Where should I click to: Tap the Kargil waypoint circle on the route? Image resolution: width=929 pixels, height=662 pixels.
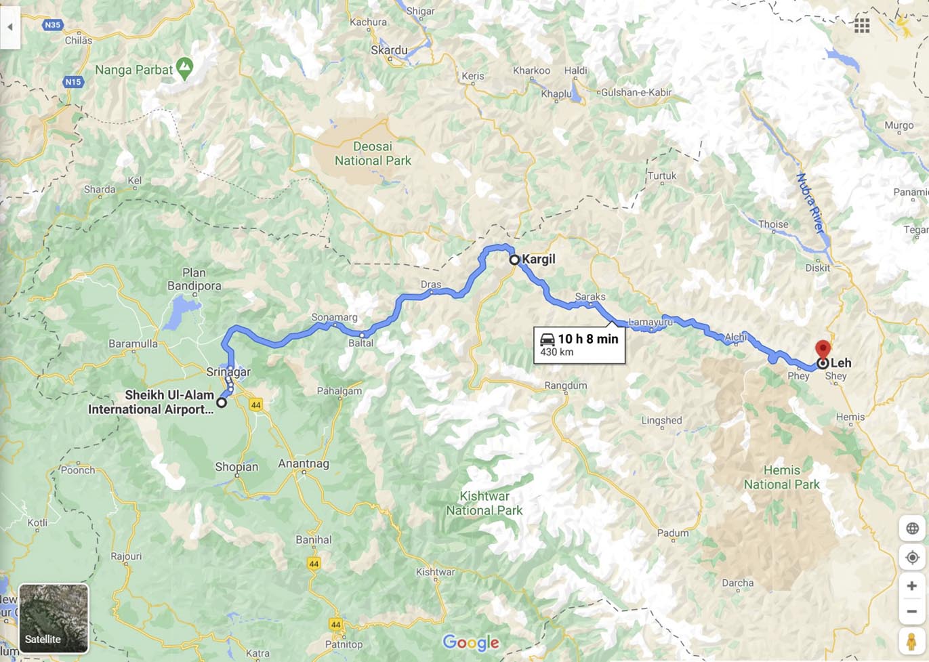point(514,260)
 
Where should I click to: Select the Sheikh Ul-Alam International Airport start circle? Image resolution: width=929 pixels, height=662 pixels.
point(222,402)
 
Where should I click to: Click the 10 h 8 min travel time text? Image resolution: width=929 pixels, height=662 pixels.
point(587,339)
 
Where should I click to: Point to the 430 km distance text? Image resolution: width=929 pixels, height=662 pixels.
point(557,352)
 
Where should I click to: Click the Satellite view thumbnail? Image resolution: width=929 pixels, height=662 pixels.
point(54,618)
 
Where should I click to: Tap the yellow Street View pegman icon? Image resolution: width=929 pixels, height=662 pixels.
point(911,640)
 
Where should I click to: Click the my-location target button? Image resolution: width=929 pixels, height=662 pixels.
point(912,558)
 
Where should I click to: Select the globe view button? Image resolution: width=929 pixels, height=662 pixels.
point(912,529)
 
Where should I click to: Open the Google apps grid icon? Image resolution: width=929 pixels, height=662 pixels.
point(862,26)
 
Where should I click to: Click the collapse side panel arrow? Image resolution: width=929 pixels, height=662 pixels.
point(10,27)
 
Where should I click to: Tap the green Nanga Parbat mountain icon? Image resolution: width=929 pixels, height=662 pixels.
point(184,67)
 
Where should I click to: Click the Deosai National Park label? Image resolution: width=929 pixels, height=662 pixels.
point(373,154)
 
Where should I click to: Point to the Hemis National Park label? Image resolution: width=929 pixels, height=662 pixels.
point(781,477)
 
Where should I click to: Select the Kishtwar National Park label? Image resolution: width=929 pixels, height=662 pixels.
point(484,503)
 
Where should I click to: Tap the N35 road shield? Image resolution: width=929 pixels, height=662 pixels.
point(52,25)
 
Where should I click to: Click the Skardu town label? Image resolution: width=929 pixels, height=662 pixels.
point(390,50)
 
